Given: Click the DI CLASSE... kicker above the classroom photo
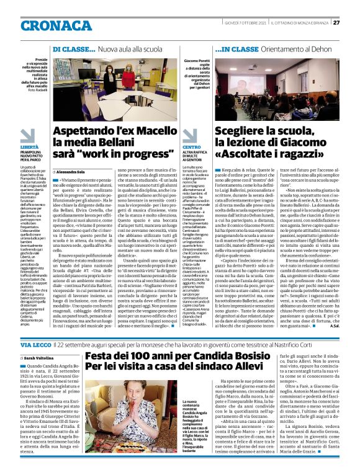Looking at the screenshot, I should click(x=73, y=48).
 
